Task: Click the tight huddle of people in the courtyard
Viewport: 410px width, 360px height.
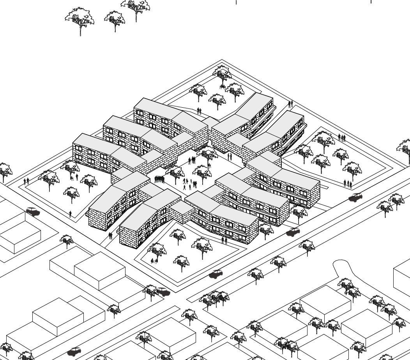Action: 159,179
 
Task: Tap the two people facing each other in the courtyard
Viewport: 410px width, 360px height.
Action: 230,156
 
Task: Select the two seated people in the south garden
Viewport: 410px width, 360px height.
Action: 154,261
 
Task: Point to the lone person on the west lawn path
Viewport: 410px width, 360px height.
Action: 70,214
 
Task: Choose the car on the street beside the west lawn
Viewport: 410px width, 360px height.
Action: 33,212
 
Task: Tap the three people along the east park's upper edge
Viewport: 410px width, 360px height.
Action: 342,137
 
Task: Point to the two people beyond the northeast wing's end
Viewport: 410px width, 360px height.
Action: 290,104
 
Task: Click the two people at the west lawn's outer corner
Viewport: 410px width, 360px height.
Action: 27,181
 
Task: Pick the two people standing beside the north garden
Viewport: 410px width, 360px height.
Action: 199,111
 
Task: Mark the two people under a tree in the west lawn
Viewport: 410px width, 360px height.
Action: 74,177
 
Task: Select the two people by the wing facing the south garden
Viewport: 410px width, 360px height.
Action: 224,240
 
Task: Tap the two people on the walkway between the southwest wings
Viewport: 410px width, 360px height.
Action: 111,236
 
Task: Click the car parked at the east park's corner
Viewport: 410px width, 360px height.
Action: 355,197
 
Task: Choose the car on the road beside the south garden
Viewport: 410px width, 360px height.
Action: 216,274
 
